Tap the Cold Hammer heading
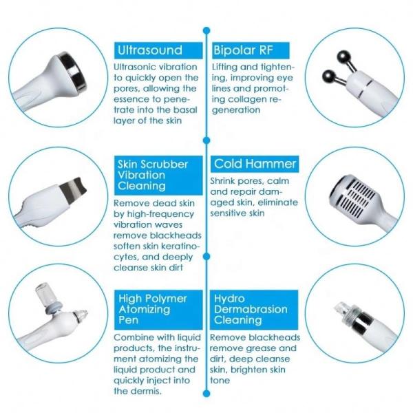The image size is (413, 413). point(255,164)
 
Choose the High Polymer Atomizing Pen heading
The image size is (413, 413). point(153,310)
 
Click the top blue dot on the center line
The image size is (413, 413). point(206,30)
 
